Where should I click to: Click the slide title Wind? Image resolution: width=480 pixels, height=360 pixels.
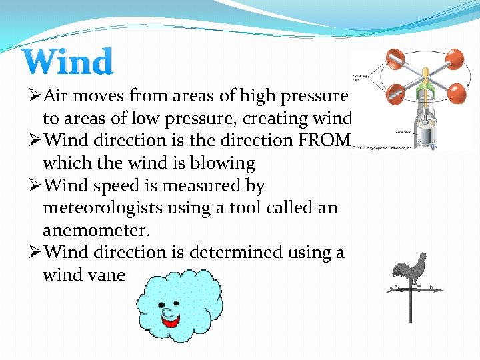[68, 62]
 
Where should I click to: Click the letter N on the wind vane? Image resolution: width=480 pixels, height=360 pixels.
[432, 287]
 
